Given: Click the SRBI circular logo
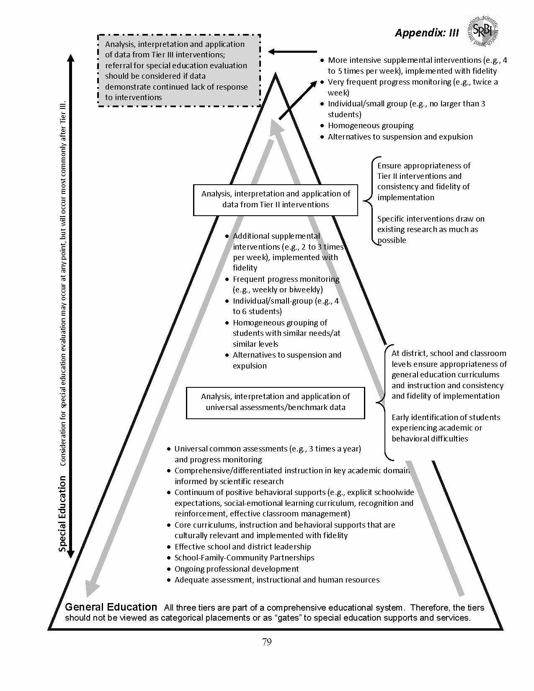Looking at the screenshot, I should (x=482, y=30).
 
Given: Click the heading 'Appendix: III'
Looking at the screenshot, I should (x=426, y=33).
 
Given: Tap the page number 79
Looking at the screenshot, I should (x=267, y=642).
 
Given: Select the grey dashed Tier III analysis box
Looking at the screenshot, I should (x=179, y=70).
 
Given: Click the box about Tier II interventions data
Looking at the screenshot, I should (x=276, y=199).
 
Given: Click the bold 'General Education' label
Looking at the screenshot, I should (x=111, y=607).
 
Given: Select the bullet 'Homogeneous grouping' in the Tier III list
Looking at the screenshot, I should (x=370, y=126).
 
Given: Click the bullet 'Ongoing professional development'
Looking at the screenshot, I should (x=237, y=569).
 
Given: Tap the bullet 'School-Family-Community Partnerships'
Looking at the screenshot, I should (x=244, y=558).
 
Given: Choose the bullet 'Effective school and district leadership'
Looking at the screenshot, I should (x=242, y=547).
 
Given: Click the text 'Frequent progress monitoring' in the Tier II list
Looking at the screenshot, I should (x=286, y=279).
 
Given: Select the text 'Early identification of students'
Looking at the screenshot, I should (x=446, y=418).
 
